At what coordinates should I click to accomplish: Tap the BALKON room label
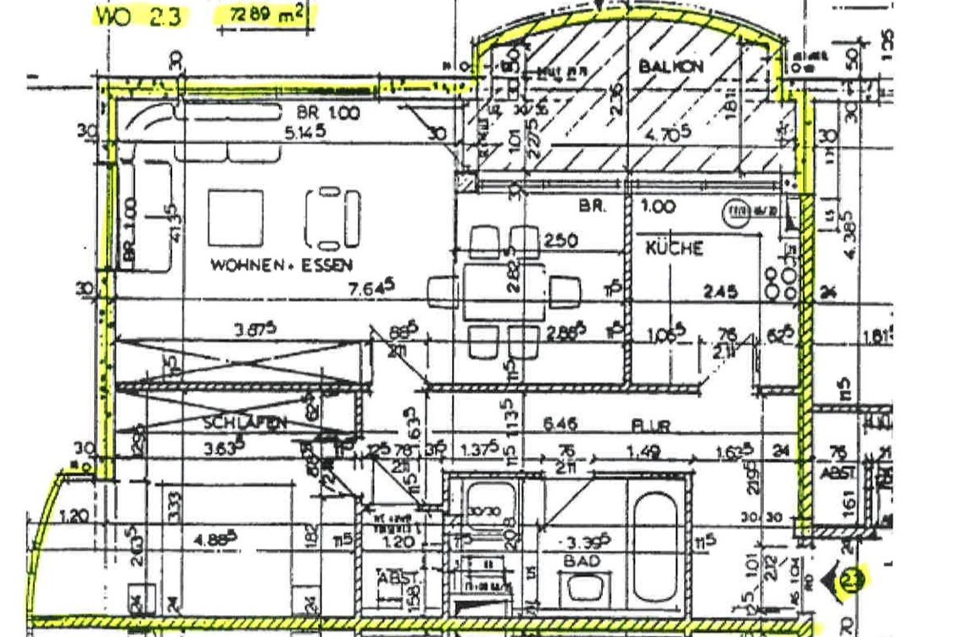(x=671, y=66)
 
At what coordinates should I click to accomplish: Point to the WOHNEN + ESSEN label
(x=281, y=265)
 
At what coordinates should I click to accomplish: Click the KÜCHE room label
(x=674, y=248)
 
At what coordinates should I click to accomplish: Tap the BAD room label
(x=585, y=561)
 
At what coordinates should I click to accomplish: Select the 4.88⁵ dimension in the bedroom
(x=220, y=538)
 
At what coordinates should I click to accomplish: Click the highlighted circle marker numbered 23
(x=850, y=581)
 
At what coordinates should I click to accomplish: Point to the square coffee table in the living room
(x=235, y=217)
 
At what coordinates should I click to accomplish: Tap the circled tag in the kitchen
(x=740, y=210)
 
